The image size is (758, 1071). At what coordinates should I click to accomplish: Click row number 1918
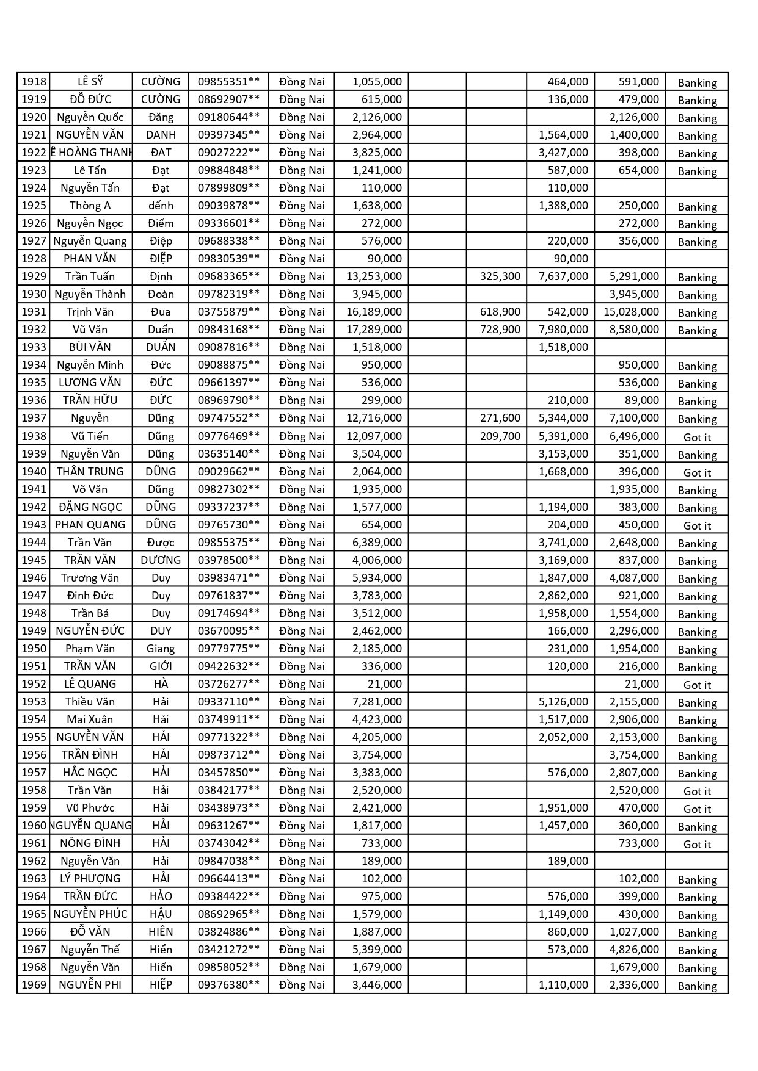(34, 82)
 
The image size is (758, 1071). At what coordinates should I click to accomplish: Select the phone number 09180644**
(228, 117)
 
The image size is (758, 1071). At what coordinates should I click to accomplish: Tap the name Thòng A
(90, 206)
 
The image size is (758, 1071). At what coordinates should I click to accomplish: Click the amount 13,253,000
(374, 276)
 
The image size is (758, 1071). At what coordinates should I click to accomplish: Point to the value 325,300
(500, 276)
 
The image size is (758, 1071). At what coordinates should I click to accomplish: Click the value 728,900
(500, 330)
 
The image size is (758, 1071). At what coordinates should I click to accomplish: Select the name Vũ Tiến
(90, 436)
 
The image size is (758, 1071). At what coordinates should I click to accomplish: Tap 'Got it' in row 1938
(697, 437)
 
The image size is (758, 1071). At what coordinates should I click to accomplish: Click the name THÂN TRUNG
(90, 472)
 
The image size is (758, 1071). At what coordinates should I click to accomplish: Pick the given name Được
(161, 543)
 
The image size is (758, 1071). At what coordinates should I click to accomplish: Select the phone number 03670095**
(228, 631)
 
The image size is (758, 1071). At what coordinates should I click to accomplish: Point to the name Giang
(161, 649)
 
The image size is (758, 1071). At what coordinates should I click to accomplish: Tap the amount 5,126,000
(563, 702)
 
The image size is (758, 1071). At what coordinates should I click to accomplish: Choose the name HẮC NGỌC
(90, 773)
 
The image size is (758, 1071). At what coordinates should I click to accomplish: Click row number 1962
(34, 861)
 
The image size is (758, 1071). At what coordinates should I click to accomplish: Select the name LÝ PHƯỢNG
(90, 879)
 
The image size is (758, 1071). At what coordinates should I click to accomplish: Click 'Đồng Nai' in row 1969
(302, 985)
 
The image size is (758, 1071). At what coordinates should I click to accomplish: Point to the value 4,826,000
(634, 950)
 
